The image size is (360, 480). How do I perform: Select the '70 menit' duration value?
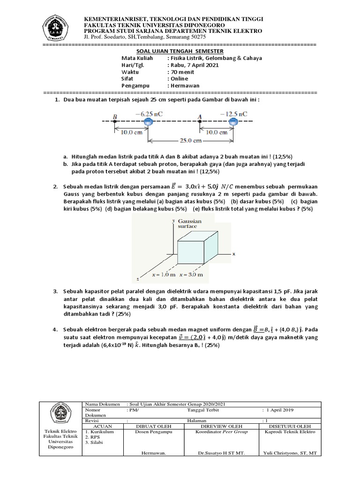(x=180, y=72)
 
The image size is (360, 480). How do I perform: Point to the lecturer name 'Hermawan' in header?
(x=184, y=86)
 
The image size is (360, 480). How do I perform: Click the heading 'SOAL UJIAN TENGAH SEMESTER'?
(x=180, y=51)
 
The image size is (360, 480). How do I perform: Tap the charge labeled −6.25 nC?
(x=148, y=121)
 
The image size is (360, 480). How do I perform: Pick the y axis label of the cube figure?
(x=173, y=219)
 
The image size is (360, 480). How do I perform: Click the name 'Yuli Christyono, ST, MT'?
(x=290, y=453)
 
